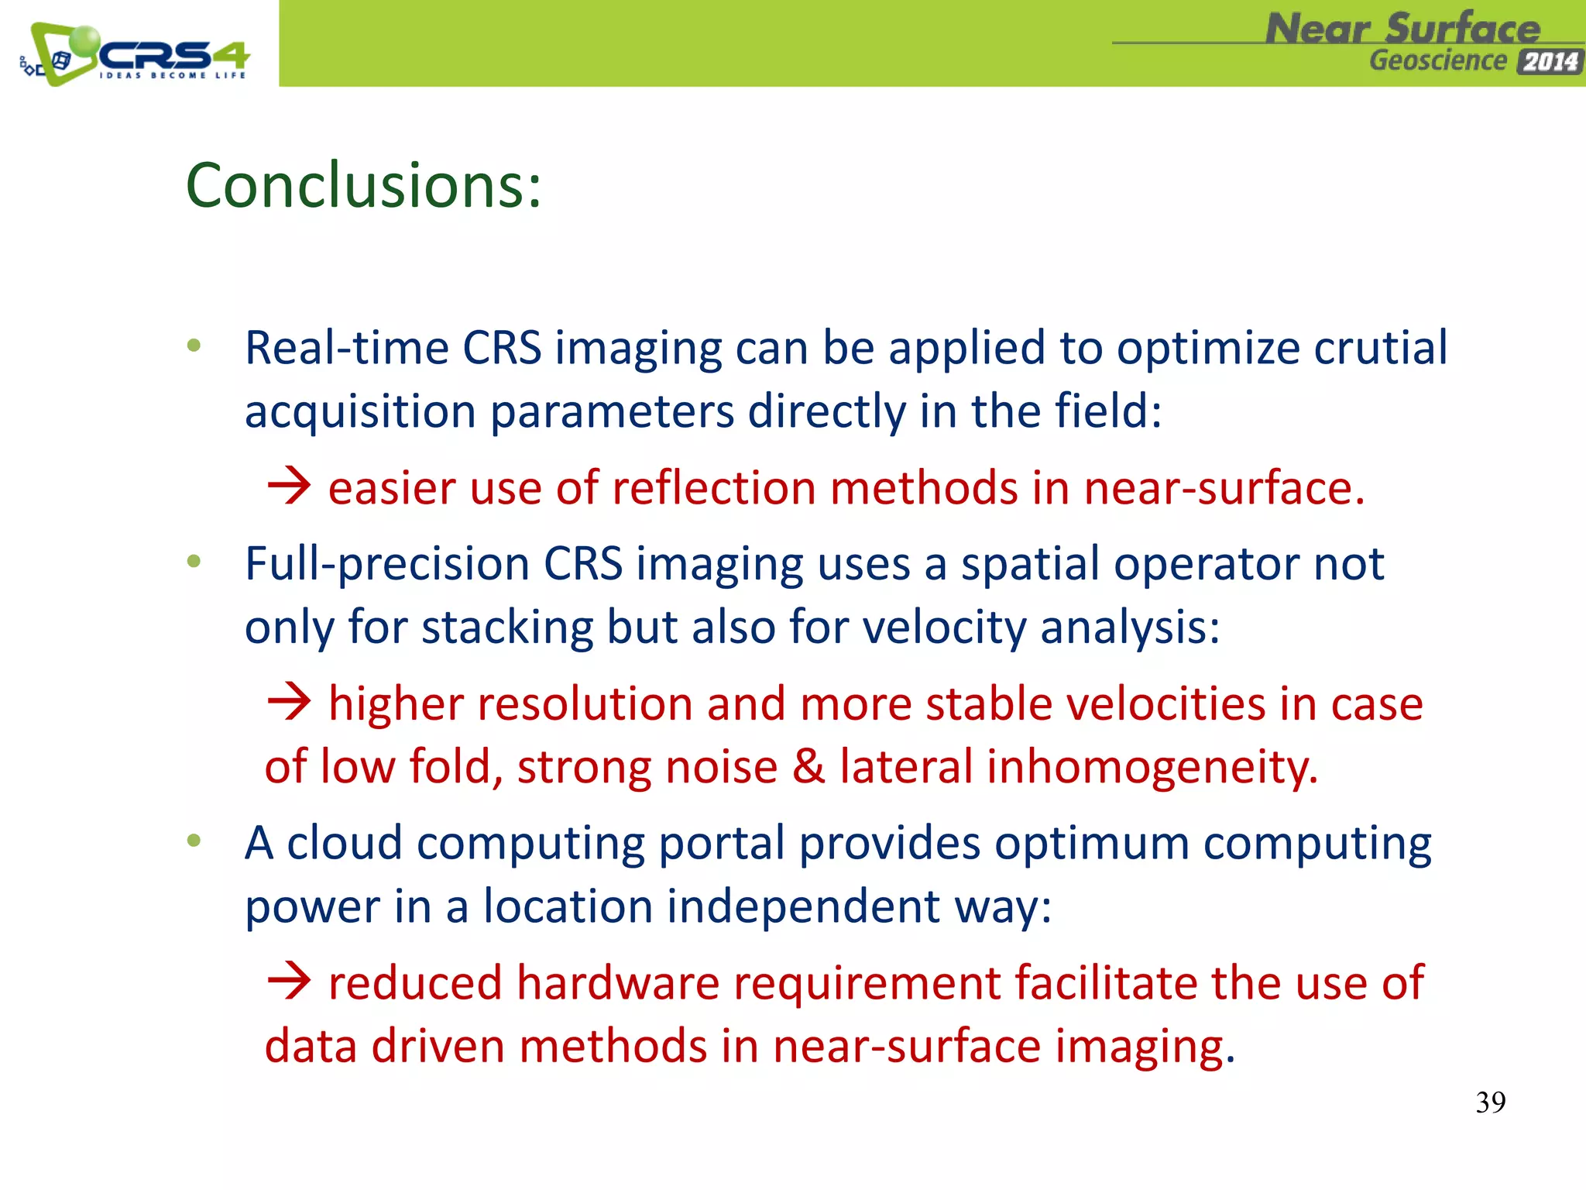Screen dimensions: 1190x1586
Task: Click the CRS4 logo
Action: click(x=136, y=54)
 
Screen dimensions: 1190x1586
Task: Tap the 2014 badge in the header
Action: click(x=1550, y=62)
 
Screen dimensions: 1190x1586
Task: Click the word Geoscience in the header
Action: click(x=1438, y=60)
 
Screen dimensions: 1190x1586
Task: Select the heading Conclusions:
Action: click(x=363, y=186)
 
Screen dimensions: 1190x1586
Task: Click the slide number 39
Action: click(x=1490, y=1102)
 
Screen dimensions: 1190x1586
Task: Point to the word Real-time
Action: click(x=346, y=348)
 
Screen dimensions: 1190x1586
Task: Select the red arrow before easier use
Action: click(x=289, y=487)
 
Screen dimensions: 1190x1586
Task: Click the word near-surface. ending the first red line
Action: click(x=1224, y=490)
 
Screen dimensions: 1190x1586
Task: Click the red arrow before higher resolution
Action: click(x=289, y=702)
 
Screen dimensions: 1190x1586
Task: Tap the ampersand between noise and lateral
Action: click(x=808, y=767)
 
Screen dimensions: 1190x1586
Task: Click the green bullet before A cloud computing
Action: click(x=194, y=840)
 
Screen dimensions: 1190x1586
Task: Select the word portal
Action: click(x=721, y=844)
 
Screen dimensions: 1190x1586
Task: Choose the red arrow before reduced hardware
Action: click(x=289, y=981)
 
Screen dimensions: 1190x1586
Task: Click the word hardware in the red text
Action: click(x=617, y=984)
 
